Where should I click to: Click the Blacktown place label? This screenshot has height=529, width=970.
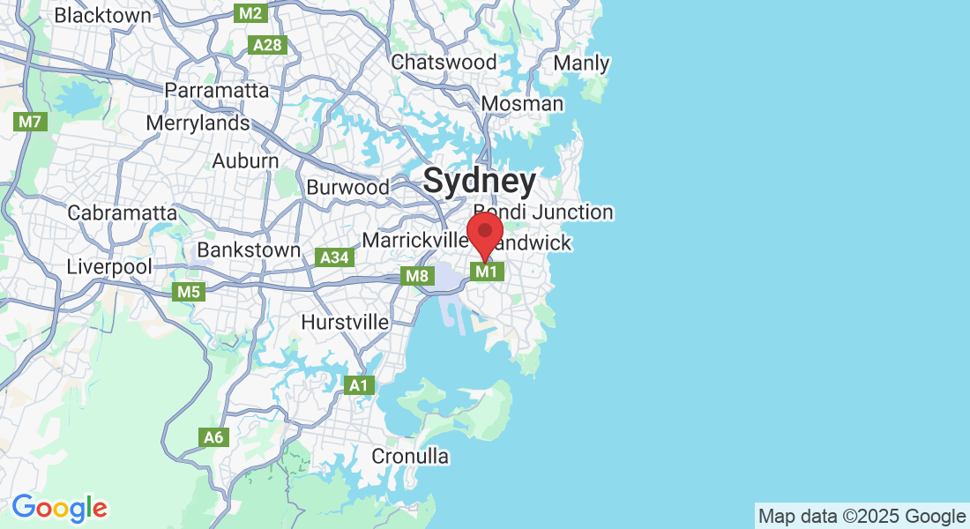103,15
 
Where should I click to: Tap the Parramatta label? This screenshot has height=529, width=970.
217,90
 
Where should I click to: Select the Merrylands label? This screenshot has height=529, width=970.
198,123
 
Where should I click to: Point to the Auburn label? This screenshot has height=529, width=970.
245,161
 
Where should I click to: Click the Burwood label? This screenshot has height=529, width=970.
347,187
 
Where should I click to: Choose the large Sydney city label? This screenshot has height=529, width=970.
479,181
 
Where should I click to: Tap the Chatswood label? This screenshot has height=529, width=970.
444,62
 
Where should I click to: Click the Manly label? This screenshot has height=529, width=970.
581,63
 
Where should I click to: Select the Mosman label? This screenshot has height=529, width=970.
522,103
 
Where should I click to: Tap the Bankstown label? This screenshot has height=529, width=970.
249,250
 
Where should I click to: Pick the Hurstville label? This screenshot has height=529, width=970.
345,322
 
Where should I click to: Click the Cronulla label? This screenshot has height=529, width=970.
410,456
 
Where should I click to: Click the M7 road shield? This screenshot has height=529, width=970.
30,122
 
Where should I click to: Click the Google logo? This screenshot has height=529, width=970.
59,508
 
